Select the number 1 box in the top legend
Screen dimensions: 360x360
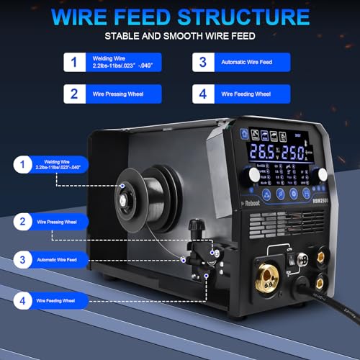71,62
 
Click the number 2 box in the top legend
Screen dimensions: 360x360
71,94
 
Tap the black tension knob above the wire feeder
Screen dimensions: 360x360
193,228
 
